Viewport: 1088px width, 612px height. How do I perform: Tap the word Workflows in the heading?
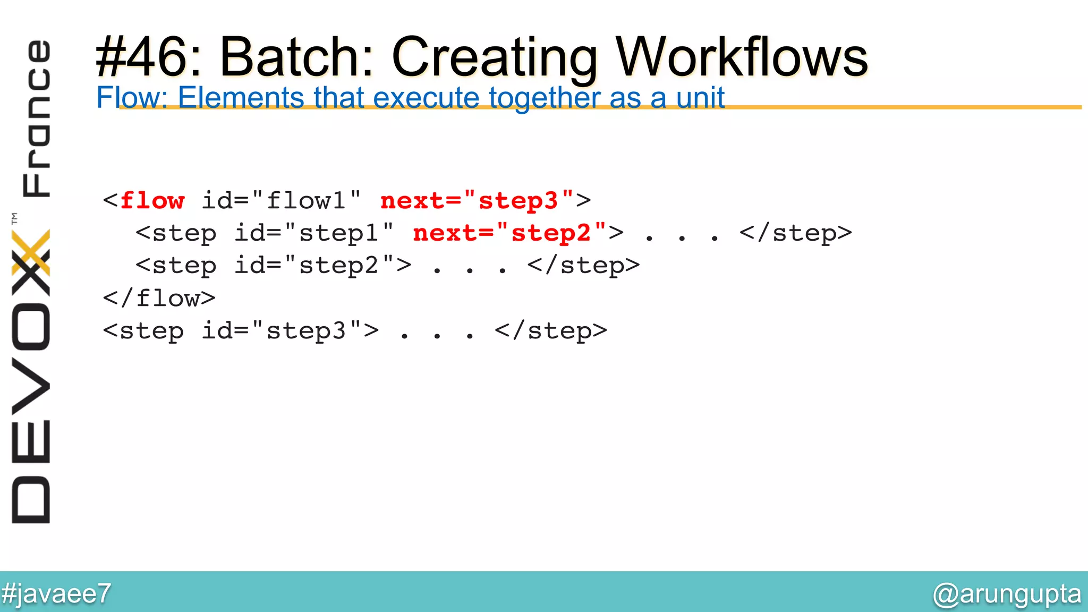click(x=742, y=57)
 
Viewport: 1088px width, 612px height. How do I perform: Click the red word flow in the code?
click(x=152, y=201)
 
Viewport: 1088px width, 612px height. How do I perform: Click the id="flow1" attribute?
click(x=281, y=201)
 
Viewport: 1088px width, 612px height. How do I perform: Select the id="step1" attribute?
click(x=314, y=233)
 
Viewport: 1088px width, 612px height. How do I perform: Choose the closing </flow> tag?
click(x=159, y=299)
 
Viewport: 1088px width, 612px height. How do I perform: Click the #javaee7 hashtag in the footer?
click(x=56, y=593)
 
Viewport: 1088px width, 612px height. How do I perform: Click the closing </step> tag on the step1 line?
click(x=796, y=233)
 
